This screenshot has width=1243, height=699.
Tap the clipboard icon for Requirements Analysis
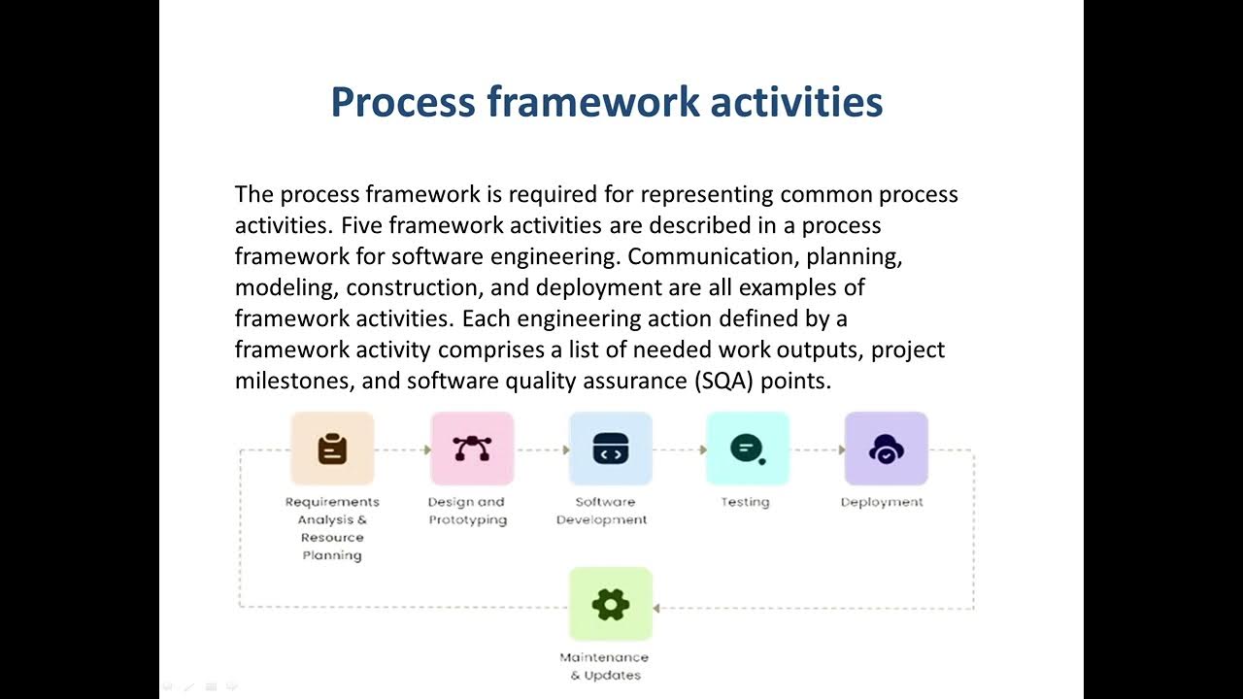pyautogui.click(x=332, y=449)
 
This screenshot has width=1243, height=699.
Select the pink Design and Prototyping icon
pyautogui.click(x=472, y=449)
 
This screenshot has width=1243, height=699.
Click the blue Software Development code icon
pyautogui.click(x=610, y=449)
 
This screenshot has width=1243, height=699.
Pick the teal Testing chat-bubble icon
pyautogui.click(x=747, y=449)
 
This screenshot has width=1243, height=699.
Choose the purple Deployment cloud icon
pyautogui.click(x=886, y=449)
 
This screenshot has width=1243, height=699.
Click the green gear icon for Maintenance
pyautogui.click(x=610, y=605)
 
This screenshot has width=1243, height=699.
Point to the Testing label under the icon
pyautogui.click(x=745, y=502)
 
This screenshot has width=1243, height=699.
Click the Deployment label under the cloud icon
pyautogui.click(x=882, y=502)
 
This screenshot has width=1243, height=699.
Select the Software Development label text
pyautogui.click(x=602, y=511)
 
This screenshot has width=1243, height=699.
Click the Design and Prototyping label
pyautogui.click(x=467, y=511)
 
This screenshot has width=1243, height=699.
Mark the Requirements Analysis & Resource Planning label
pyautogui.click(x=332, y=528)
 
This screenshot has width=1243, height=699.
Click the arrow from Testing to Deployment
pyautogui.click(x=817, y=449)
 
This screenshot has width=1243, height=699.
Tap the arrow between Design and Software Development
pyautogui.click(x=542, y=449)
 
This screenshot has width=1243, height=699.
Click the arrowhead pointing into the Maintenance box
pyautogui.click(x=657, y=609)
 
